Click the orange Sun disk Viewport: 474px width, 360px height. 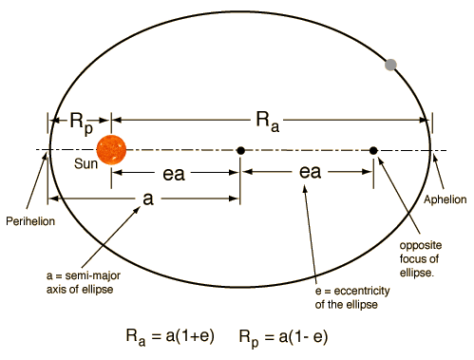click(x=110, y=150)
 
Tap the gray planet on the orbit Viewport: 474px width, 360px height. click(x=389, y=64)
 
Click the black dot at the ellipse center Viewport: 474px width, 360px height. click(x=240, y=150)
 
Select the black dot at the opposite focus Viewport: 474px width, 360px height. click(x=373, y=150)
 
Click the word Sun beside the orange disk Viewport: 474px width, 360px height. click(x=85, y=163)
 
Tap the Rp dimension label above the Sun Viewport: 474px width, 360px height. click(x=80, y=121)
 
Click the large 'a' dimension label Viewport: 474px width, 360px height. click(x=147, y=199)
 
